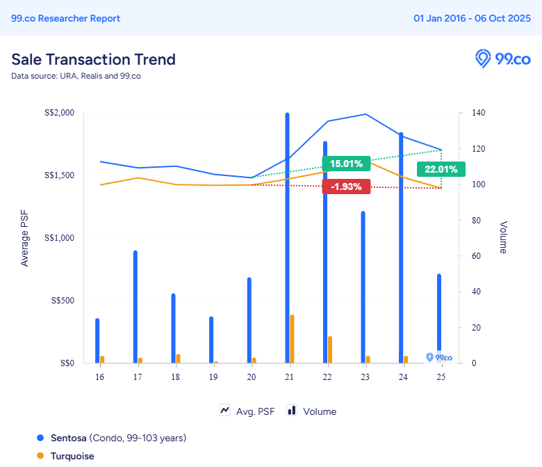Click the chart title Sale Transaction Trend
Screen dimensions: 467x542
(x=93, y=59)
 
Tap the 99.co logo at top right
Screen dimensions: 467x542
(x=502, y=58)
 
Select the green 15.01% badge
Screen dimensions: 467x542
(x=346, y=164)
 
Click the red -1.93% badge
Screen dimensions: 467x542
(x=346, y=187)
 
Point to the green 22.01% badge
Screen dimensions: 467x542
(x=441, y=169)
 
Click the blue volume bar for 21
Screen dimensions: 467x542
(x=287, y=237)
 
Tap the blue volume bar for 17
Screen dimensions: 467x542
(x=135, y=306)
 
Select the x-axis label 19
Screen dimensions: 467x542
(x=213, y=377)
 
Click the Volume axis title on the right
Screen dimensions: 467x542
(x=503, y=237)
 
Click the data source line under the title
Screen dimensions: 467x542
(x=76, y=76)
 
